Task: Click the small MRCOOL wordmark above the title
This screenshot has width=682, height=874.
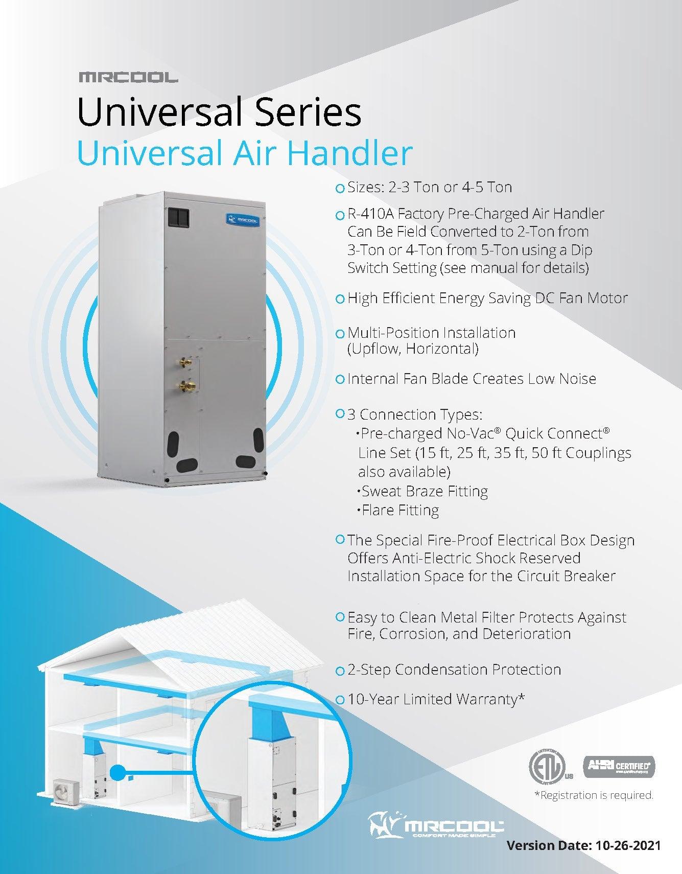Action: pos(128,78)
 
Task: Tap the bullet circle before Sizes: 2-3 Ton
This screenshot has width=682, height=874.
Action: pos(340,189)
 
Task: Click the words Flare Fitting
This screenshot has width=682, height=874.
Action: pos(400,510)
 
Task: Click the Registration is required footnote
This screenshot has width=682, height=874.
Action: pos(594,795)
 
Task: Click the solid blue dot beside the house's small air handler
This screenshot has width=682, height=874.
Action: pos(119,772)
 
